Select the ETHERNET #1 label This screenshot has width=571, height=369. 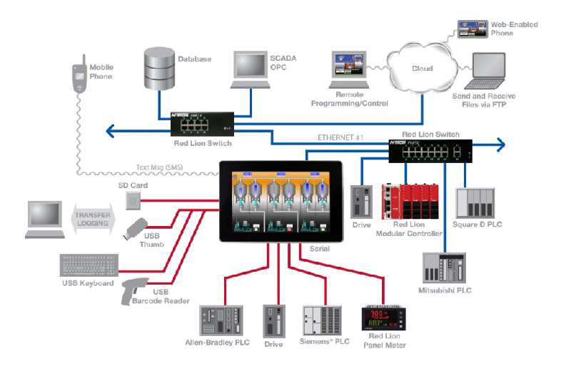tap(335, 137)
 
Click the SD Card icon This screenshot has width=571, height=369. tap(133, 202)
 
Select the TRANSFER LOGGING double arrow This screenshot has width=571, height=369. tap(93, 217)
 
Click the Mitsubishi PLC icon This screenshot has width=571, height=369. tap(444, 269)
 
